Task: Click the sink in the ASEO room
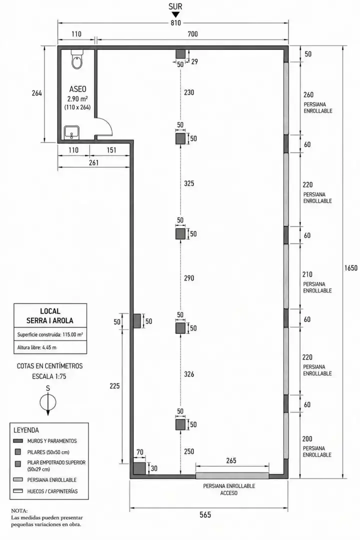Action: click(71, 132)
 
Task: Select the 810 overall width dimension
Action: click(175, 22)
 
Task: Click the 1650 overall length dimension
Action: click(350, 267)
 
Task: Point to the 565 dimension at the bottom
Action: click(205, 515)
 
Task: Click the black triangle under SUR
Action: click(175, 14)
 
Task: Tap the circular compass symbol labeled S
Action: click(48, 402)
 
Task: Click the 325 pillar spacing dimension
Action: click(189, 183)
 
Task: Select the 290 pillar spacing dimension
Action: click(189, 278)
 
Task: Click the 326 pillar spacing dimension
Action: click(189, 374)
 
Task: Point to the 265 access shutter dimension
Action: click(231, 461)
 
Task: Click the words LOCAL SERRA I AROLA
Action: click(50, 316)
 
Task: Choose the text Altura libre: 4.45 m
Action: click(37, 347)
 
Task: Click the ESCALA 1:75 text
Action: click(49, 376)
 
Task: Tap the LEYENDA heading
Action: click(26, 430)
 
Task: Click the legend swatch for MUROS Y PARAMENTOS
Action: click(18, 441)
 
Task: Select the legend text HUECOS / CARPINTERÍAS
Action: click(52, 491)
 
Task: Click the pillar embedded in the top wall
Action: click(180, 53)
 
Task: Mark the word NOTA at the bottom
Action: click(19, 510)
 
